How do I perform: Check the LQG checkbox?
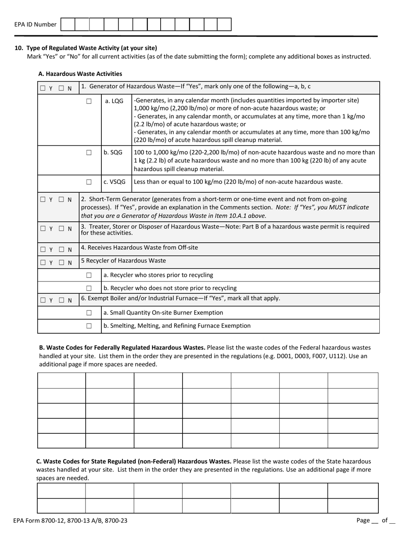pos(89,101)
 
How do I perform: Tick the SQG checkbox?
pos(89,153)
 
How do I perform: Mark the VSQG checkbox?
pos(89,182)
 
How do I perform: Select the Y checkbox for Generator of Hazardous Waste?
pos(43,88)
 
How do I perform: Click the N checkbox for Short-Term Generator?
pos(61,199)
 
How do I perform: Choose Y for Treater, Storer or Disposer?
pos(43,228)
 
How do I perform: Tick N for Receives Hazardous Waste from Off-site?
pos(61,249)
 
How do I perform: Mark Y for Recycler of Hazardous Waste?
pos(43,263)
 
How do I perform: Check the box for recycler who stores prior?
pos(89,275)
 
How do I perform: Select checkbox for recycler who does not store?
pos(89,288)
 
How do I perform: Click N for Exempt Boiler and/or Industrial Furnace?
pos(61,300)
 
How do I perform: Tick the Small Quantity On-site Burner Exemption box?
pos(89,313)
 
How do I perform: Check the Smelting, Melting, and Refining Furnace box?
pos(89,326)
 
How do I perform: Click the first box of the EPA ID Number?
pos(68,25)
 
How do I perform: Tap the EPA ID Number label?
pos(35,25)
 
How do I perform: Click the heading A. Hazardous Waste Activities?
pos(80,74)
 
